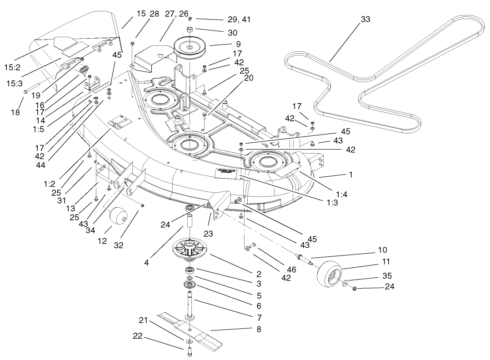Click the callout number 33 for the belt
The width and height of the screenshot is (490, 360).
pos(365,19)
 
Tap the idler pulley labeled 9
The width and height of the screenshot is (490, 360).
pos(190,47)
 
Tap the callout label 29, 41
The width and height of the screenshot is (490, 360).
pos(239,20)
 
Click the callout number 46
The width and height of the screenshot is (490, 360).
pos(291,270)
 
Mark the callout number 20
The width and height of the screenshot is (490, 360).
pos(249,78)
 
